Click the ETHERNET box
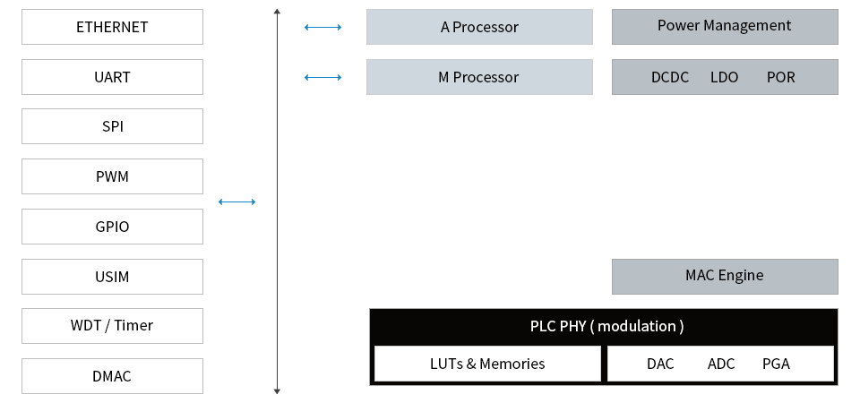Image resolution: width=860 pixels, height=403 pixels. (113, 27)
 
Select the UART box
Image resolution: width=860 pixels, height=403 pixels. (113, 77)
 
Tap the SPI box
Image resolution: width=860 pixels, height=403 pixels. (113, 126)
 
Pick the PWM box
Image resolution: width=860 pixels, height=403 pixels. (113, 176)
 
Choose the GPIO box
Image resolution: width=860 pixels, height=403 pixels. (113, 227)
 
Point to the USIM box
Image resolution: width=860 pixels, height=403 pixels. (113, 277)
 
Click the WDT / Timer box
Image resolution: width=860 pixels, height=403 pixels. (113, 326)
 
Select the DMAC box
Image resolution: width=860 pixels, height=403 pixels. (113, 376)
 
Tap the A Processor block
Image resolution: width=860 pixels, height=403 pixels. (479, 27)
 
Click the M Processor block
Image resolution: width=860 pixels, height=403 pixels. (479, 77)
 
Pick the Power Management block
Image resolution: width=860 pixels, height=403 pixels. (725, 27)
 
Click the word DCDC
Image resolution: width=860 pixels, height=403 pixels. (670, 77)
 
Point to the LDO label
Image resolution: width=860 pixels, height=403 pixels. (724, 77)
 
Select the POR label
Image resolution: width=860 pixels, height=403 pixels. (780, 77)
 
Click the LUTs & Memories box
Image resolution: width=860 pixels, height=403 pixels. (487, 364)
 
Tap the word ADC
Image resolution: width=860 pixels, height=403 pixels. (720, 364)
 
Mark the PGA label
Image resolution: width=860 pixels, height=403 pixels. (776, 364)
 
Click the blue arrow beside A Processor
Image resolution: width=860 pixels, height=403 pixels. (323, 27)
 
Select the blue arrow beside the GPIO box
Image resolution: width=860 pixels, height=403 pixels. (236, 201)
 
